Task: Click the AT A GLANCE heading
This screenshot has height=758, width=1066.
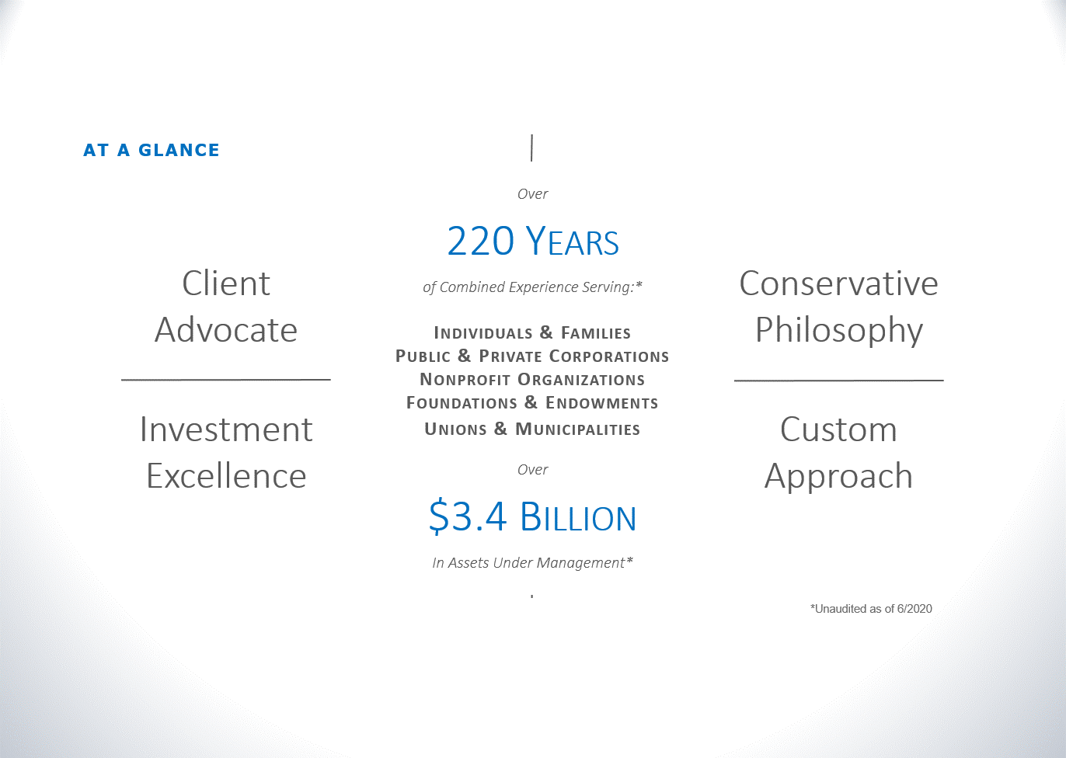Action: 152,151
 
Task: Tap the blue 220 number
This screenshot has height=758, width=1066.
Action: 481,241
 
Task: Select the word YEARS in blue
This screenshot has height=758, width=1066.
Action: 573,241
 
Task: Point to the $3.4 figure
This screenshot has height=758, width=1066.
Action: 467,516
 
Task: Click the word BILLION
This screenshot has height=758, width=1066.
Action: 578,516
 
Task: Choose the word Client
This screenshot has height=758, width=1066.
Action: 226,283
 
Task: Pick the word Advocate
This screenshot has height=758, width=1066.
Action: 226,330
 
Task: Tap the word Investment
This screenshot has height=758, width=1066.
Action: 226,429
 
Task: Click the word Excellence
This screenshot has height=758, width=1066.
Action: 226,476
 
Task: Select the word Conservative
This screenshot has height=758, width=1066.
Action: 838,283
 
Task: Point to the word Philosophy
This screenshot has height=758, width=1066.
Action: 838,331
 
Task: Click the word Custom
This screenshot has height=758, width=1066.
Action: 838,429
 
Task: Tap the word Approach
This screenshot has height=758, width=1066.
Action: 838,476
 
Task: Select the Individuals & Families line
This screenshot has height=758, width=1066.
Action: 532,332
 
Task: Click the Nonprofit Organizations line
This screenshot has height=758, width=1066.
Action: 532,379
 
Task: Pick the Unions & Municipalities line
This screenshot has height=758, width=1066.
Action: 532,429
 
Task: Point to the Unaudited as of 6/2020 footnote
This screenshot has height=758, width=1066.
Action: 871,609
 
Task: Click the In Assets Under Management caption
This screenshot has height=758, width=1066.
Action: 532,563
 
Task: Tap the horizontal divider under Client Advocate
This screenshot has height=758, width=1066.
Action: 226,380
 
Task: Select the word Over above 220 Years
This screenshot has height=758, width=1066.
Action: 532,193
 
